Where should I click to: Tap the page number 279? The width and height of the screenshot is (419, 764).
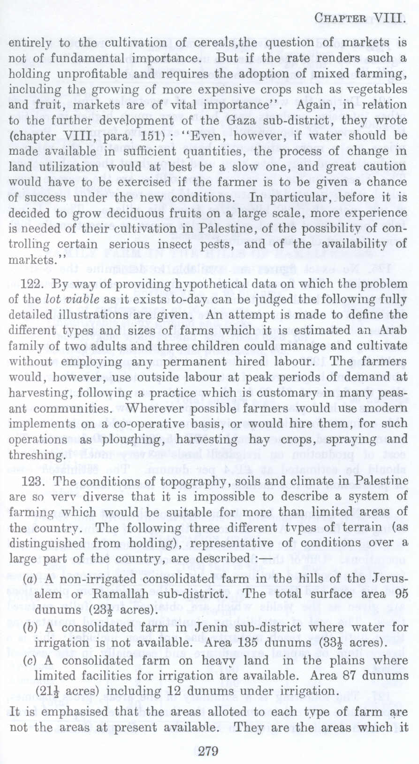pos(209,751)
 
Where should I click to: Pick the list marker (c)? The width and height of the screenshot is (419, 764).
pos(28,660)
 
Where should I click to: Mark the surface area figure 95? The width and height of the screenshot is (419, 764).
pos(399,594)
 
